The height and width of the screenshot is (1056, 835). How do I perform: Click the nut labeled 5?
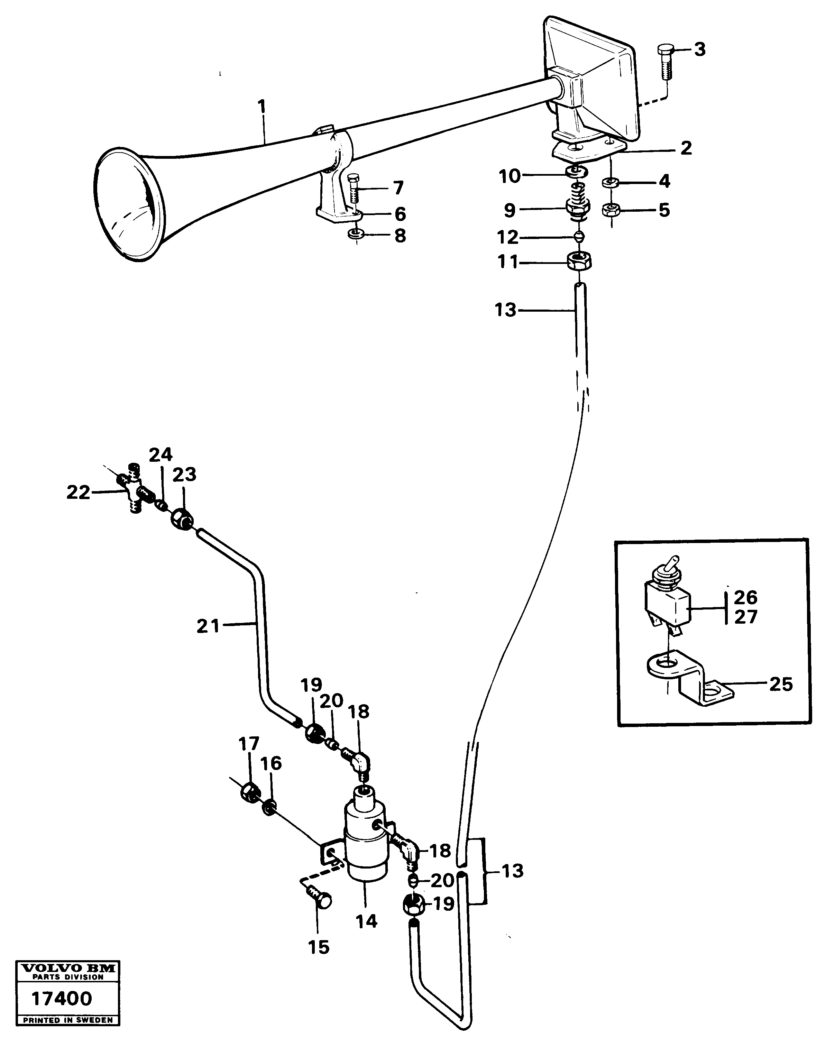[x=611, y=210]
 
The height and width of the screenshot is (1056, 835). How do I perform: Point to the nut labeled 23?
[x=182, y=519]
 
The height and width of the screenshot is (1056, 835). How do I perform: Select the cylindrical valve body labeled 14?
[x=366, y=841]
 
